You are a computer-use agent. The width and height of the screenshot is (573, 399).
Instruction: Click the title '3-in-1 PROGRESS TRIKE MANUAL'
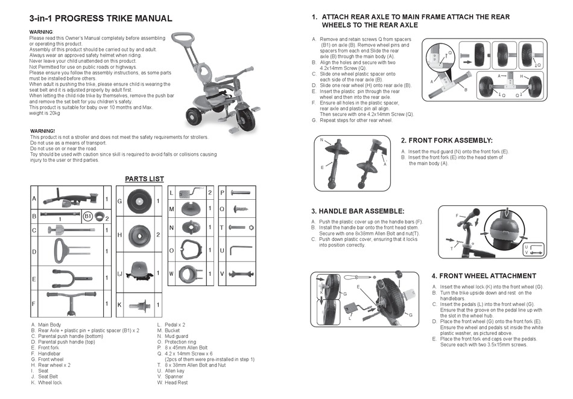(x=101, y=19)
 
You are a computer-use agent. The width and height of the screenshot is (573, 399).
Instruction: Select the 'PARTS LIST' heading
(x=144, y=179)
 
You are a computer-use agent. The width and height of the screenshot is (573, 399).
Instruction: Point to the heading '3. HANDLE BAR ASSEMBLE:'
(x=358, y=211)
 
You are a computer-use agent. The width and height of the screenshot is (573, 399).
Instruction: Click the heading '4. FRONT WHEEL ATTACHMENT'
(x=492, y=275)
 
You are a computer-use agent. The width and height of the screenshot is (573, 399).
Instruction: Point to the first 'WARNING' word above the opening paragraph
(x=41, y=31)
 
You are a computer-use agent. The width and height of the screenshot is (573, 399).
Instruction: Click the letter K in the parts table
(x=119, y=305)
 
